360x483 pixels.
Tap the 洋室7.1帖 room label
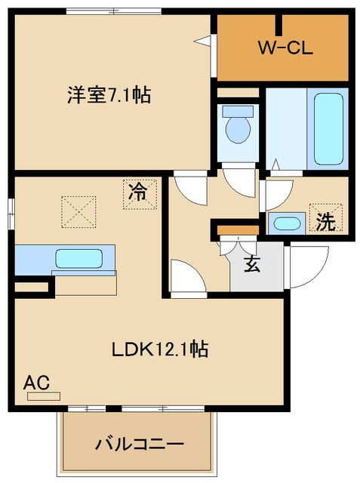tap(109, 96)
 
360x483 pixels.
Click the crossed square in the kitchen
tap(78, 211)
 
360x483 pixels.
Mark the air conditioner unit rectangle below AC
tap(44, 395)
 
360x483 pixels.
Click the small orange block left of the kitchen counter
tap(30, 287)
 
